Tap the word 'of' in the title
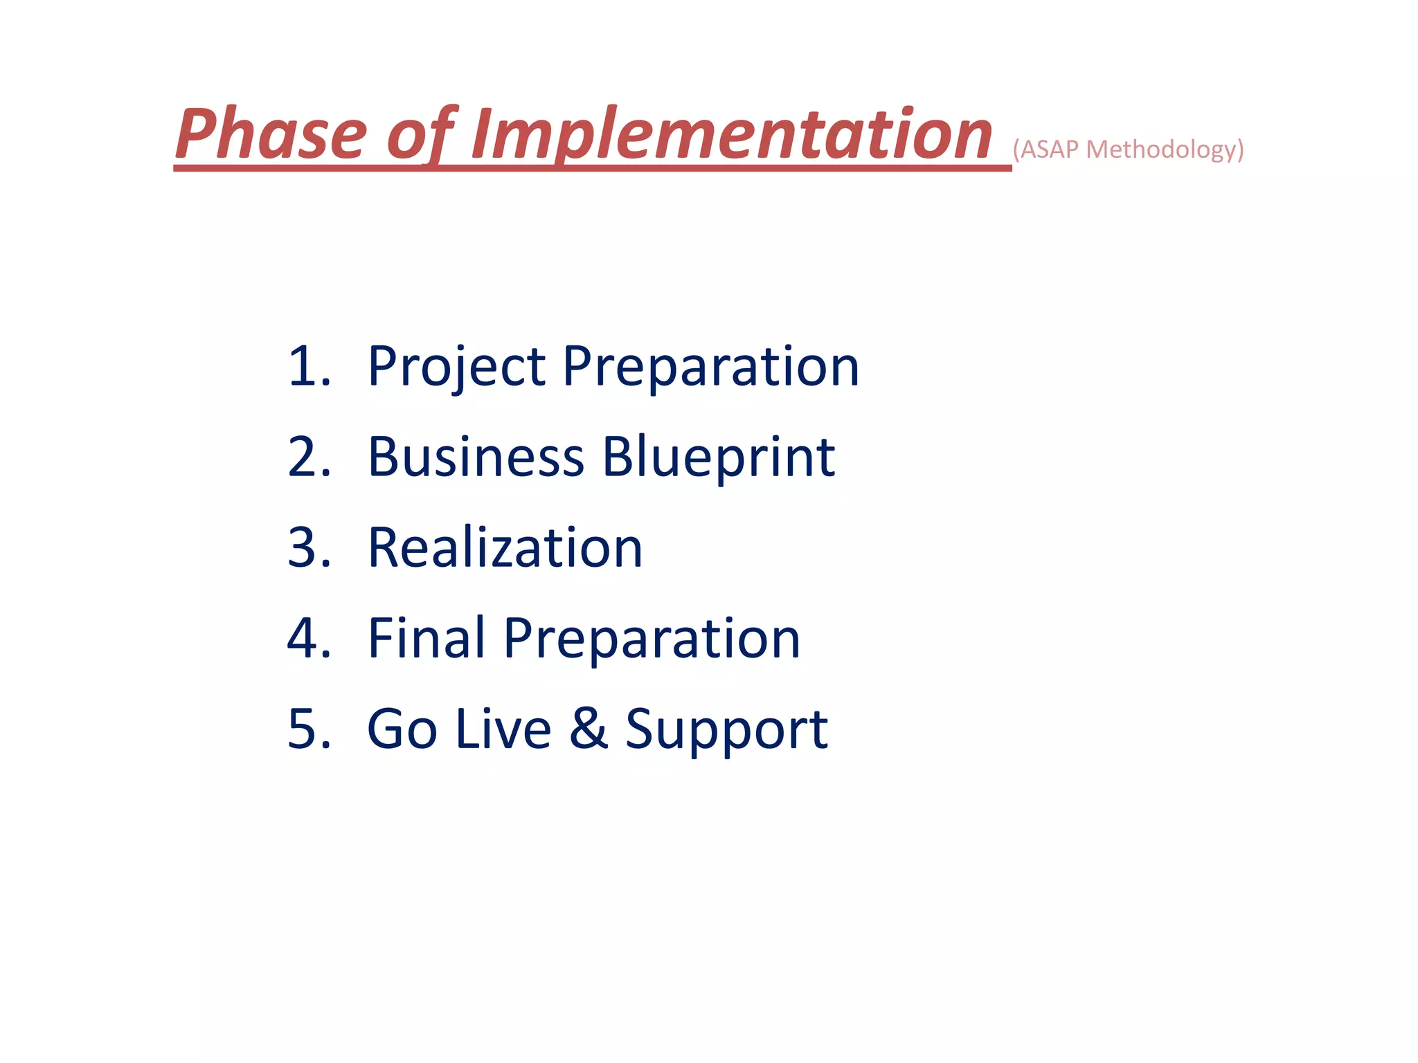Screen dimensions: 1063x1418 [x=420, y=135]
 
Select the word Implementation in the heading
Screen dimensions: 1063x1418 [x=731, y=135]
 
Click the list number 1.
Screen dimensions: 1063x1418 [x=305, y=366]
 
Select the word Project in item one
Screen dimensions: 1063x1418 [x=457, y=367]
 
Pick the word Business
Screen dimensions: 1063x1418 [x=476, y=457]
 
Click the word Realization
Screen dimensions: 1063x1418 [x=505, y=548]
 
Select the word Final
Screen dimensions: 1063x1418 [x=427, y=638]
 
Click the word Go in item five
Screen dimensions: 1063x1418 [x=402, y=729]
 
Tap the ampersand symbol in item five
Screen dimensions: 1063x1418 [x=589, y=728]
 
